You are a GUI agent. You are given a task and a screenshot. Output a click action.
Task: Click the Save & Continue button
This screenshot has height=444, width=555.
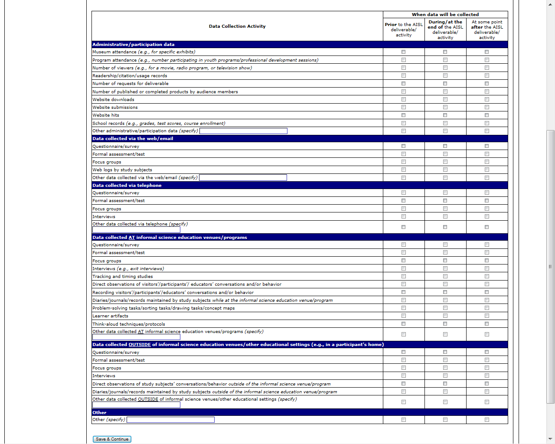coord(112,439)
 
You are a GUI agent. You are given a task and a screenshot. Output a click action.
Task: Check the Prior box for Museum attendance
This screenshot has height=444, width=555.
coord(404,52)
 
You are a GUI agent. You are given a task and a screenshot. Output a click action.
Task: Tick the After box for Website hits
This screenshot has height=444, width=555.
coord(487,115)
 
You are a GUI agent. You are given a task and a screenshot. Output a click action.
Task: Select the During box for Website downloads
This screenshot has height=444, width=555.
coord(445,99)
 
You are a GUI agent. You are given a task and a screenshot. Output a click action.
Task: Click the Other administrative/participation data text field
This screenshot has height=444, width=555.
coord(243,131)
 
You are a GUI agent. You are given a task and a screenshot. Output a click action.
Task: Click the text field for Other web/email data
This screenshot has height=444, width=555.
coord(243,178)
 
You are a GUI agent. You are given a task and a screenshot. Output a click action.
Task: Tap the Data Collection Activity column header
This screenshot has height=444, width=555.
coord(237,26)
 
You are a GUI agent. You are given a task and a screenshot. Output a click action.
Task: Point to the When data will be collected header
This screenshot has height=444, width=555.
coord(445,15)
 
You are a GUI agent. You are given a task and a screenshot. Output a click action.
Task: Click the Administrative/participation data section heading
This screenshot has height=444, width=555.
coord(134,45)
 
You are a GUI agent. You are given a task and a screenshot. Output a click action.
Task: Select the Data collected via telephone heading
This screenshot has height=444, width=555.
coord(127,186)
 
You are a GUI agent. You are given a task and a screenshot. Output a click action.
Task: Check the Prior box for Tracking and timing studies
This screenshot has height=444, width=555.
coord(404,276)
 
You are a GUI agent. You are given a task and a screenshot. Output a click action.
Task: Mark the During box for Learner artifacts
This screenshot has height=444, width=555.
coord(445,316)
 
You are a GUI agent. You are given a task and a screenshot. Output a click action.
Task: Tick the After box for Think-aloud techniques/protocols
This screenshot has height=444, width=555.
coord(487,324)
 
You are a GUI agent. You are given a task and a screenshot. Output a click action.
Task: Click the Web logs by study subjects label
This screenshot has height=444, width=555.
coord(122,170)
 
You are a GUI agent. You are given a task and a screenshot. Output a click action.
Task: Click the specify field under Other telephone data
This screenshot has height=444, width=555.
coord(136,230)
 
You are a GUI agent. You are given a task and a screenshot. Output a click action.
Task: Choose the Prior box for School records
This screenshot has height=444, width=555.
coord(404,123)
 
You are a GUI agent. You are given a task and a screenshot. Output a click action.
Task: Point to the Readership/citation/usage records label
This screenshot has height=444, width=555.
coord(130,76)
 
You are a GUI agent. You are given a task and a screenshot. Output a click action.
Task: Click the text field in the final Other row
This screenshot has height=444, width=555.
coord(170,420)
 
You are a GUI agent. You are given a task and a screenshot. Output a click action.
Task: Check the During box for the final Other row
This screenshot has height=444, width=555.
coord(445,420)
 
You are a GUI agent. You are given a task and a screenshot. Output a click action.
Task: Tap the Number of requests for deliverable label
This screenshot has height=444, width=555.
coord(131,84)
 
